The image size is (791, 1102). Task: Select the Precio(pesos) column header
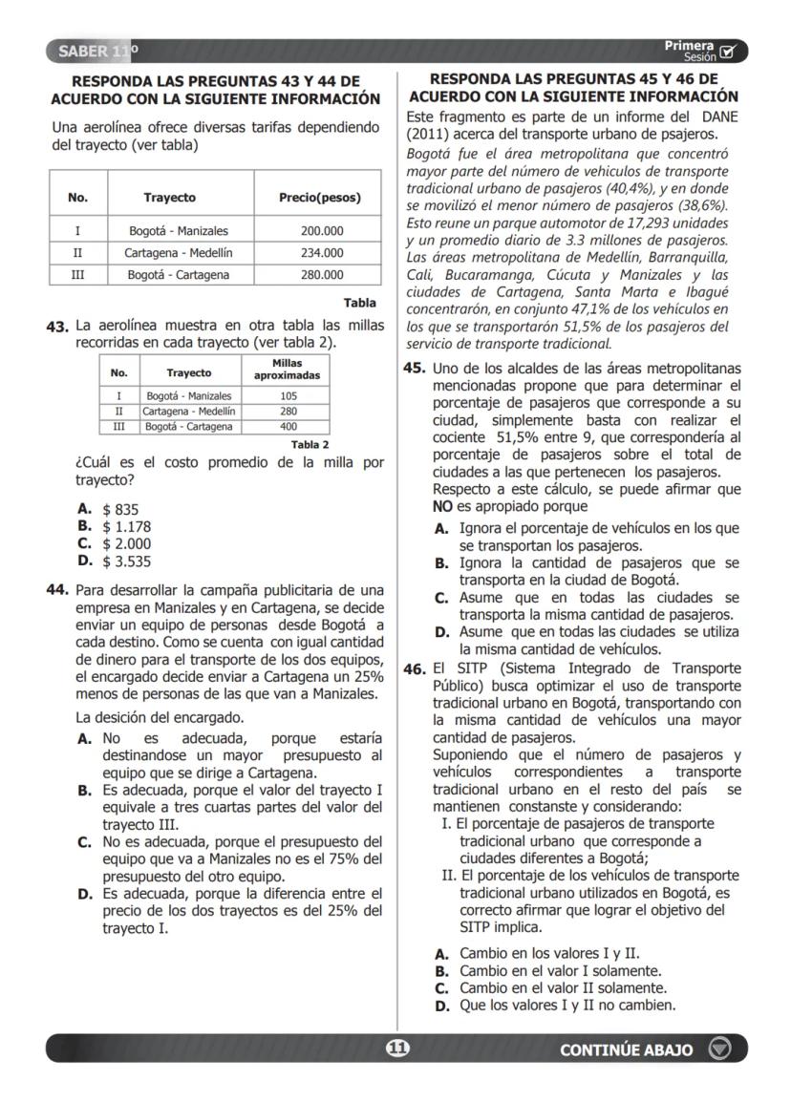(320, 198)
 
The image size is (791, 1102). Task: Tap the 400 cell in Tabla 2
(288, 427)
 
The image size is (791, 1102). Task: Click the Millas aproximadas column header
(288, 370)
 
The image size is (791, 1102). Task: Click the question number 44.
(59, 590)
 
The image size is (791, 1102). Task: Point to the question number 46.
(414, 669)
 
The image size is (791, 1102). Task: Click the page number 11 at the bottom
(396, 1049)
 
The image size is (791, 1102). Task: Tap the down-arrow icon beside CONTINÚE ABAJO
(719, 1049)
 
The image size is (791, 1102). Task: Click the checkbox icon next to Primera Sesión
(730, 52)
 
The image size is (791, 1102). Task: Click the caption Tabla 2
(310, 444)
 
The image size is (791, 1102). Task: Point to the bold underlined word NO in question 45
(442, 506)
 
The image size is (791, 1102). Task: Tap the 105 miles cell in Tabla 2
(288, 395)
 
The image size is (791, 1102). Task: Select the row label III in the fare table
(77, 275)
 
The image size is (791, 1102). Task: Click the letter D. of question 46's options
(441, 1006)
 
